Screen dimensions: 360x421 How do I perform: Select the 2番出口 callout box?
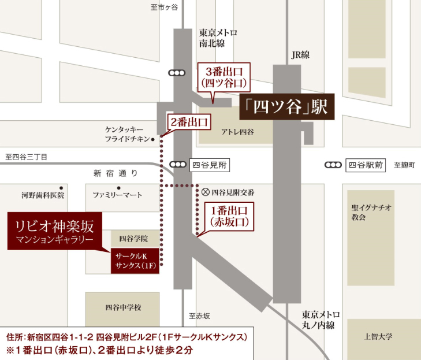(x=188, y=123)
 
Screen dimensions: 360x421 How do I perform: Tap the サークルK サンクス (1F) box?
(x=135, y=259)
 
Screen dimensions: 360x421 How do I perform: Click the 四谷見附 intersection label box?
(x=211, y=165)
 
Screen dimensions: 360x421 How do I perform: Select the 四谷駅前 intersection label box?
(x=366, y=165)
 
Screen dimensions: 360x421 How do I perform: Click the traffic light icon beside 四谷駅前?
(x=333, y=165)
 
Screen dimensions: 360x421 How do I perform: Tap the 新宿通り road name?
(x=116, y=173)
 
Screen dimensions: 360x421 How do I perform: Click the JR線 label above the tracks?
(x=301, y=55)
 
